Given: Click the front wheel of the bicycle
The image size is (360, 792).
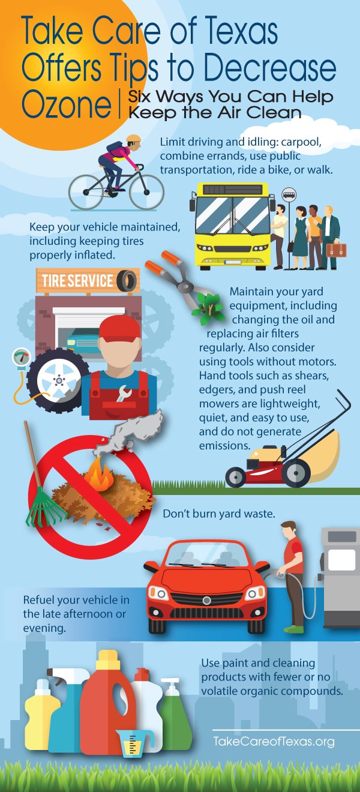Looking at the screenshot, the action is coord(146,191).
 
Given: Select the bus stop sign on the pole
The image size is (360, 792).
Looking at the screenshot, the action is coord(289,194).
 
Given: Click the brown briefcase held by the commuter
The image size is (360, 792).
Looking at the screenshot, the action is coord(336,250).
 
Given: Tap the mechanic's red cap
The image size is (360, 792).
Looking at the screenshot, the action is coord(119,328).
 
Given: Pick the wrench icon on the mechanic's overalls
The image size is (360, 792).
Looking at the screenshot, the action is coord(122,393).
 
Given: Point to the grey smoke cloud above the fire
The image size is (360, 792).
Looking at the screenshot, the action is coord(129,429).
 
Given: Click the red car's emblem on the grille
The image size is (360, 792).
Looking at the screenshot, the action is coord(206,600).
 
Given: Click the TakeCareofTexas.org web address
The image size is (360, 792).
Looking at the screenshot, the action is coord(274,741).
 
